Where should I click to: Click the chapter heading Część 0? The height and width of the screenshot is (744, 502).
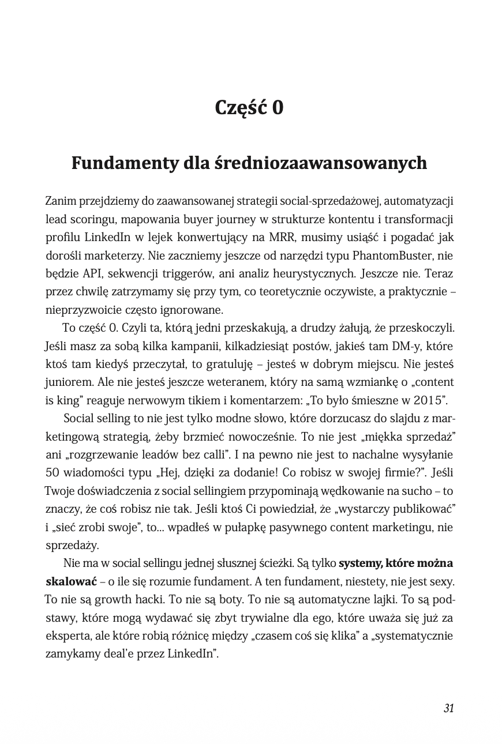[249, 108]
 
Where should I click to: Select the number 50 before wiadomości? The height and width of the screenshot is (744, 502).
[54, 473]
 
